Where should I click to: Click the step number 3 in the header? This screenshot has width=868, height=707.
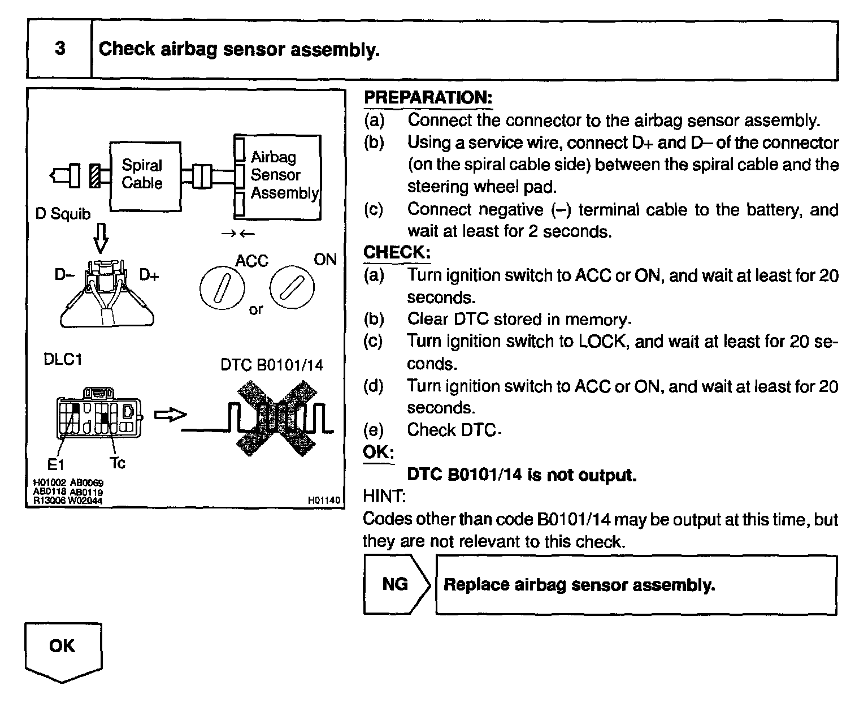click(x=60, y=48)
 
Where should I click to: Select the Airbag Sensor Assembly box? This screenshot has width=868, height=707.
click(x=278, y=176)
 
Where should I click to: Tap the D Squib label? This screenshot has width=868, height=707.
click(x=63, y=213)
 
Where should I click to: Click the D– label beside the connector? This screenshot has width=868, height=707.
click(x=64, y=275)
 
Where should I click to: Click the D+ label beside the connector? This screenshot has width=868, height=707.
click(x=149, y=275)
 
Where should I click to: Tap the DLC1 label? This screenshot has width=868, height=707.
click(x=62, y=359)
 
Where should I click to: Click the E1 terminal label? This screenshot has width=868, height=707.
click(x=55, y=464)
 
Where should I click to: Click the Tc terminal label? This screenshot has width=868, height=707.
click(x=118, y=463)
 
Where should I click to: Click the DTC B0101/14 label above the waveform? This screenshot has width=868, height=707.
click(x=272, y=365)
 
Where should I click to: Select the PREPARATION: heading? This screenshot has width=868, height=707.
click(x=428, y=97)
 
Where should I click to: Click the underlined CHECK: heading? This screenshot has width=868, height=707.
click(x=397, y=252)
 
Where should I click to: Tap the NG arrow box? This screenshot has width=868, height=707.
click(x=396, y=584)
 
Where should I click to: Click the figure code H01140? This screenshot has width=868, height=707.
click(x=324, y=500)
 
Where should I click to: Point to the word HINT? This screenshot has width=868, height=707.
click(x=384, y=497)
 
